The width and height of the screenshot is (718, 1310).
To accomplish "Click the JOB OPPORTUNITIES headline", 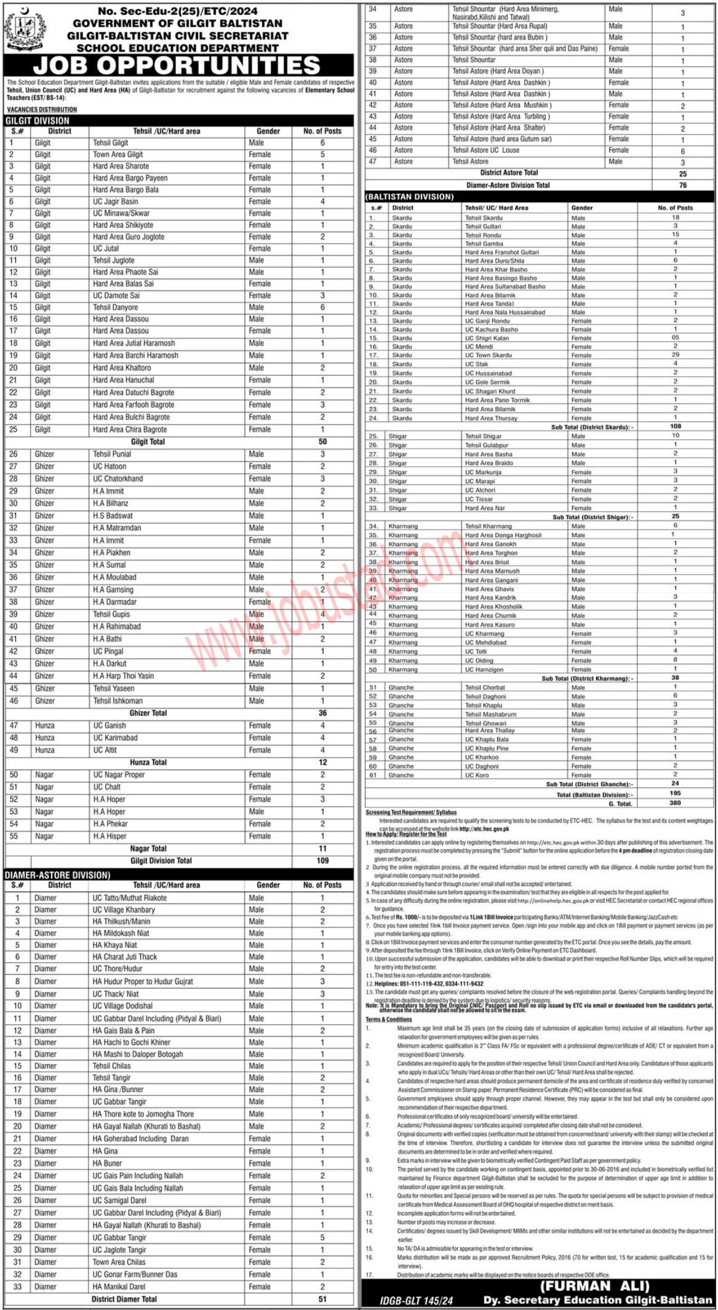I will (177, 65).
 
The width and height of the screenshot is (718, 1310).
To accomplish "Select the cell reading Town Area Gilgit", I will (118, 155).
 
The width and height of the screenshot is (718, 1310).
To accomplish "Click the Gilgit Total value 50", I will (322, 442).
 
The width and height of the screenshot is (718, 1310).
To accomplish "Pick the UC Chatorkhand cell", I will (118, 479).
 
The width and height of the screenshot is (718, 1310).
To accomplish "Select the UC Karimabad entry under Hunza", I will (116, 737).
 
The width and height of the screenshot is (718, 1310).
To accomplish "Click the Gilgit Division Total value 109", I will (322, 860).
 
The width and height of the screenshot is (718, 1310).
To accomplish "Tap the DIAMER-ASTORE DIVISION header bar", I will (58, 875).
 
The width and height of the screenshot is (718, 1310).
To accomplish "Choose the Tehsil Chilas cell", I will (112, 1065).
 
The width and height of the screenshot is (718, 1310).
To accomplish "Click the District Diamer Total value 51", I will (322, 1299).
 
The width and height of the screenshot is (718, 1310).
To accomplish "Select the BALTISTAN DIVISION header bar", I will (410, 196).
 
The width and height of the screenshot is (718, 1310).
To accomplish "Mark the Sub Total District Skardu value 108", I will (675, 426).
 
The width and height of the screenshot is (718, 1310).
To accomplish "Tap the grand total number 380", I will (675, 803).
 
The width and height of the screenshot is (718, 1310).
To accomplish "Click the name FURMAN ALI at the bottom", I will (594, 1286).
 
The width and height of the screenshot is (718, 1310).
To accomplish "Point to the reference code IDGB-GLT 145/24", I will (416, 1301).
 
